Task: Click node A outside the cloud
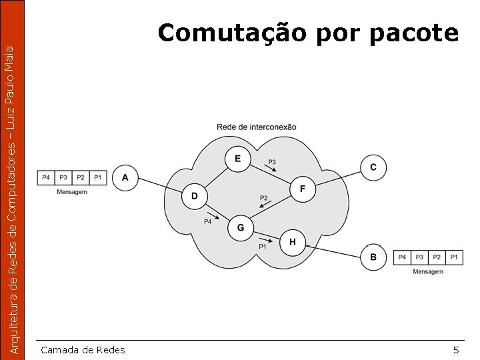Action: click(x=125, y=178)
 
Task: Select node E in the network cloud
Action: click(x=238, y=159)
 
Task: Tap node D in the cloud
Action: click(x=195, y=196)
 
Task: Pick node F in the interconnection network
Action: click(x=303, y=189)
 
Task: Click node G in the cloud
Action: click(x=241, y=228)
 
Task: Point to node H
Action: click(x=293, y=242)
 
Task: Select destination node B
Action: click(x=373, y=257)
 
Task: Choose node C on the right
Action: click(x=373, y=167)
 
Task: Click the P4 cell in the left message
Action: click(x=46, y=177)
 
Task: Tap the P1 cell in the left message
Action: click(x=98, y=177)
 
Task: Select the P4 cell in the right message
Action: click(x=402, y=257)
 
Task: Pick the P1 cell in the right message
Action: click(x=454, y=257)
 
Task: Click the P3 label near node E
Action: click(x=272, y=162)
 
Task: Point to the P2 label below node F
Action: click(x=263, y=198)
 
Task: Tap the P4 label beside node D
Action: click(x=207, y=221)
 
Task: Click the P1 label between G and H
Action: click(x=263, y=247)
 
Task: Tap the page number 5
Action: click(x=456, y=350)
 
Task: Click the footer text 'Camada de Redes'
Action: click(x=83, y=350)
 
